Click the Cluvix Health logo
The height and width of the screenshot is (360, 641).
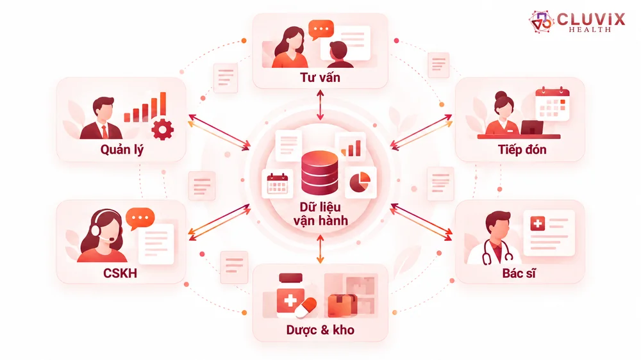(576, 22)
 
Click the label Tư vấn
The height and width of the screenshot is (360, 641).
(320, 78)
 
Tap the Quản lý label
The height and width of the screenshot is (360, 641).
(122, 149)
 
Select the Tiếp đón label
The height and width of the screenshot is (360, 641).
(522, 149)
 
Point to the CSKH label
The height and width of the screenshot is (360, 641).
(120, 273)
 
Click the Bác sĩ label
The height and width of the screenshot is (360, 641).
(519, 273)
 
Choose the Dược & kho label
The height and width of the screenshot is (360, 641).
(320, 330)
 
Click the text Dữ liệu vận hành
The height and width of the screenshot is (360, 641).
(320, 214)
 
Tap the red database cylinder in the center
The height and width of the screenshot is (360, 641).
(320, 172)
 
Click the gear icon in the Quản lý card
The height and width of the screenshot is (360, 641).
(162, 129)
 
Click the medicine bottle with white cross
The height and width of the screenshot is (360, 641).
(290, 295)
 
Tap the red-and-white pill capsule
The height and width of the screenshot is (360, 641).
(306, 307)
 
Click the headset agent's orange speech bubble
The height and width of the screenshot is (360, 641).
(140, 218)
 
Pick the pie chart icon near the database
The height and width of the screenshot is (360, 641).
(360, 182)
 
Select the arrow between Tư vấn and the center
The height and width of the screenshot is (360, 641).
(320, 105)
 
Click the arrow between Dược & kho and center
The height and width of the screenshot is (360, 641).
(320, 249)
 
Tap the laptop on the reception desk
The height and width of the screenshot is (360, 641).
(532, 128)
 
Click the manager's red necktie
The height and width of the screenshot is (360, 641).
(105, 131)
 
